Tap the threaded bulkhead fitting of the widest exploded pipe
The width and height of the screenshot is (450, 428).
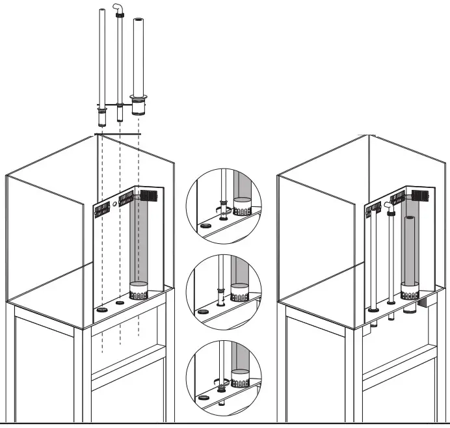click(x=138, y=105)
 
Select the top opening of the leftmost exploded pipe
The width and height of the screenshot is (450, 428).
click(x=101, y=11)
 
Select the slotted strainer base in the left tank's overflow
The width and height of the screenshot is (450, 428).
click(x=139, y=291)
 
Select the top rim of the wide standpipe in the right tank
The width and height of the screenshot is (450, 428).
click(x=410, y=220)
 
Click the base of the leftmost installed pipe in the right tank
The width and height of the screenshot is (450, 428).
click(x=373, y=310)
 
